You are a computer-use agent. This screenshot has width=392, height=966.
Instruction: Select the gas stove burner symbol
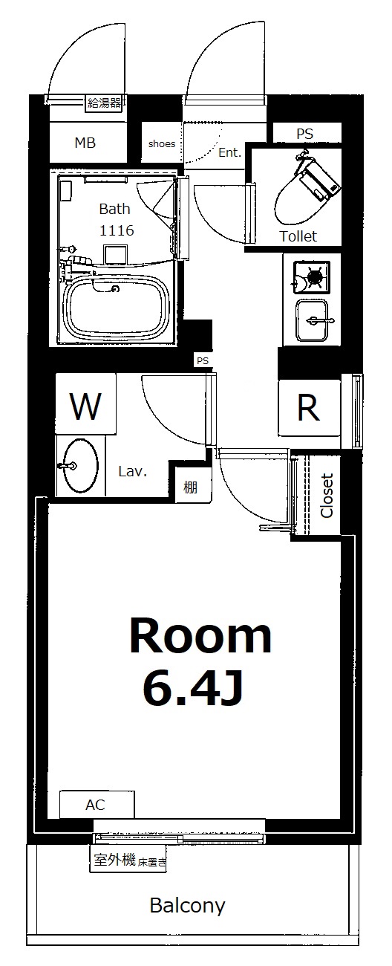(312, 277)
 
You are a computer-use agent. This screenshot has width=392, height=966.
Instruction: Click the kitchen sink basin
(312, 320)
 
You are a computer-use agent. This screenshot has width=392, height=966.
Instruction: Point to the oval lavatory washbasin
(80, 465)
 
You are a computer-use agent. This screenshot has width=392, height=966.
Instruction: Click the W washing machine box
(85, 404)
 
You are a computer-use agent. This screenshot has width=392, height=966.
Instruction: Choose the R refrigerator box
(310, 408)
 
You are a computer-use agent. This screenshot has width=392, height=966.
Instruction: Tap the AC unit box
(97, 804)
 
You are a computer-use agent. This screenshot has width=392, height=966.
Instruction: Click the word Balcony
(187, 906)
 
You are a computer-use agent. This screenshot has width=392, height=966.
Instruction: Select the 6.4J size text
(193, 688)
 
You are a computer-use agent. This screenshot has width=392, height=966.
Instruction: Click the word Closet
(327, 496)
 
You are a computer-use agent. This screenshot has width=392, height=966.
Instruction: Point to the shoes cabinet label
(162, 143)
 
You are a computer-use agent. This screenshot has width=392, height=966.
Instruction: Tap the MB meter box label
(85, 143)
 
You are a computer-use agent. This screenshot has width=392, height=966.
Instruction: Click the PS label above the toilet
(304, 134)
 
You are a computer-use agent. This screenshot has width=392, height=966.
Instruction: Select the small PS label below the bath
(203, 360)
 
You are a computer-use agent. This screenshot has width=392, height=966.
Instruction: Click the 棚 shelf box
(190, 487)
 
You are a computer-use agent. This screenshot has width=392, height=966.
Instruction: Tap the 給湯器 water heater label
(104, 103)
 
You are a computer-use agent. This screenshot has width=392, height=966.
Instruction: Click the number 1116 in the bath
(117, 230)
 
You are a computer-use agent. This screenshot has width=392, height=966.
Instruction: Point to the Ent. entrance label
(229, 152)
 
